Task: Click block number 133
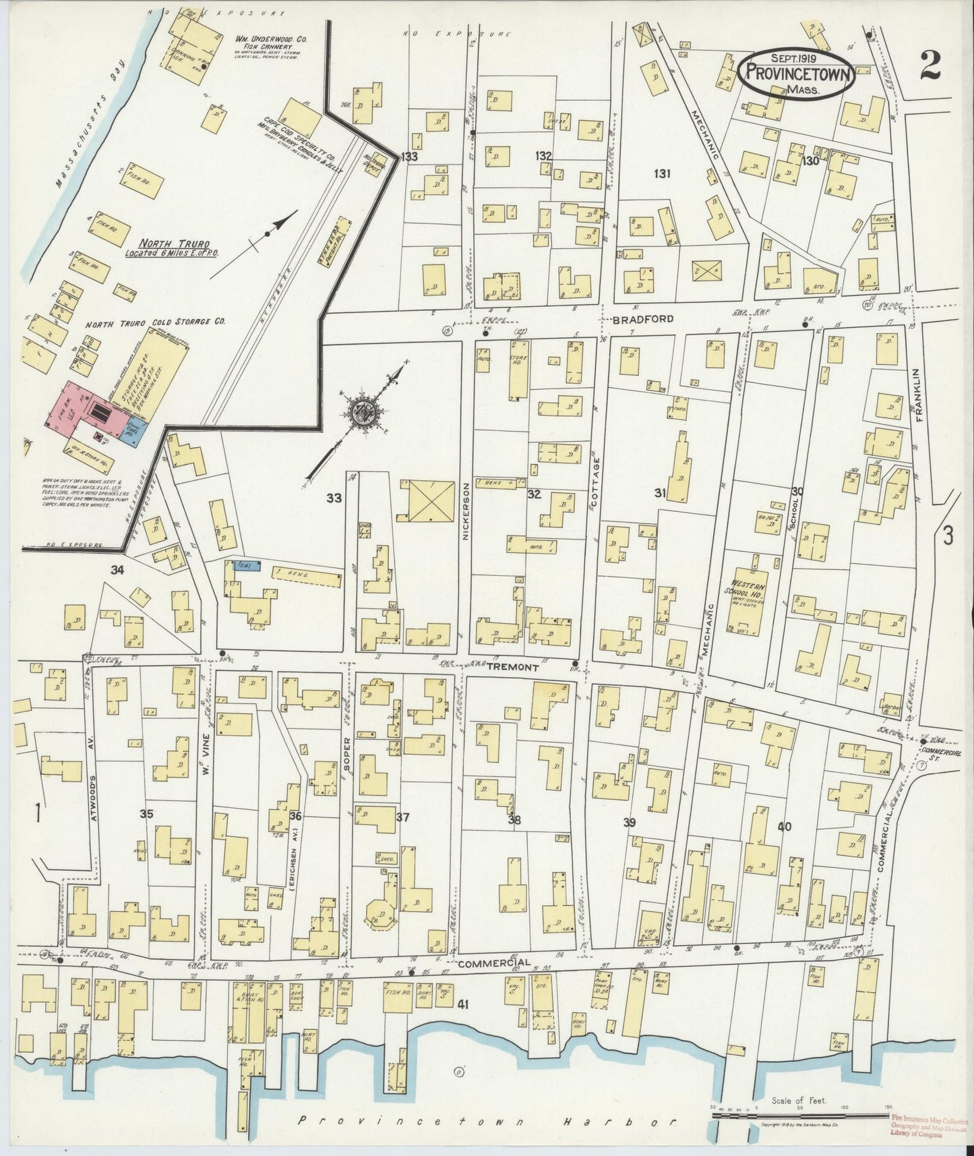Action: tap(408, 157)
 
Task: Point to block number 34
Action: tap(117, 571)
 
